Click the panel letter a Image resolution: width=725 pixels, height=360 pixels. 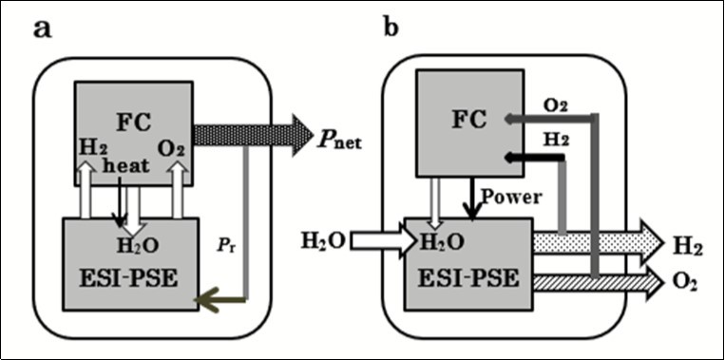coord(42,28)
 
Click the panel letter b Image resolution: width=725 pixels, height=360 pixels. coord(391,28)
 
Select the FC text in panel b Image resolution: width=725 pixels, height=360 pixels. coord(467,120)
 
